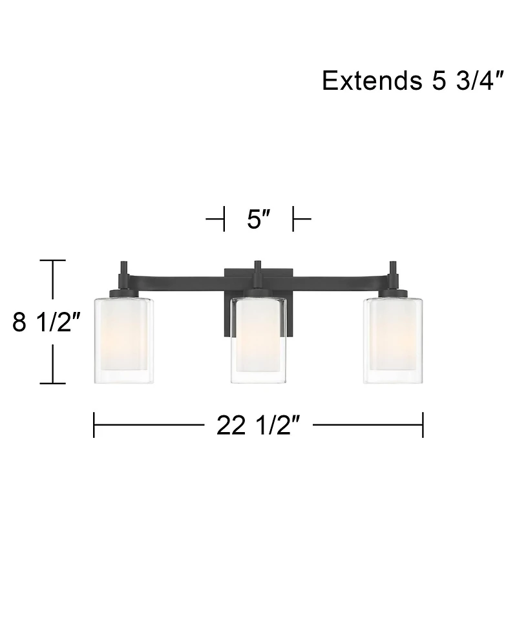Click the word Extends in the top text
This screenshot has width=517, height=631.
click(x=368, y=81)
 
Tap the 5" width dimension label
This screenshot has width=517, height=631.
click(x=258, y=220)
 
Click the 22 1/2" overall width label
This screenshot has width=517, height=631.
click(x=258, y=425)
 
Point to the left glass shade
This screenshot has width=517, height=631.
click(x=124, y=340)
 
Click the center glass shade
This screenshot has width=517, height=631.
click(x=258, y=341)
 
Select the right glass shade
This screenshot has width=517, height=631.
click(x=393, y=340)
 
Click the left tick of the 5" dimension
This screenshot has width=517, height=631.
click(x=224, y=220)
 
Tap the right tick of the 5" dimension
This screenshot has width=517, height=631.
click(x=294, y=220)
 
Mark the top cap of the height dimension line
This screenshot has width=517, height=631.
click(x=53, y=260)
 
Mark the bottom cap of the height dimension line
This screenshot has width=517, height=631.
click(x=53, y=383)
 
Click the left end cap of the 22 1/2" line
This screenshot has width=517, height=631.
click(x=94, y=425)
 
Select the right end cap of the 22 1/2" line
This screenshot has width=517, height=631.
click(x=423, y=425)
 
